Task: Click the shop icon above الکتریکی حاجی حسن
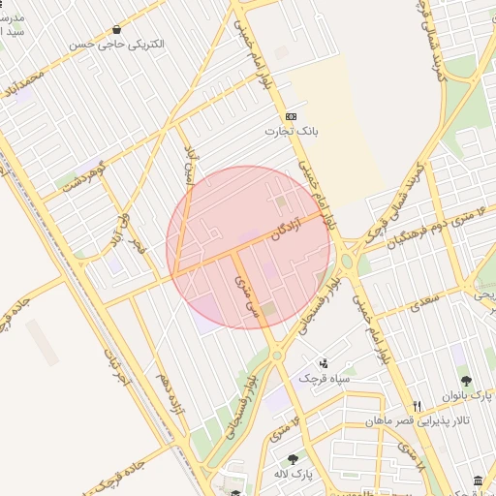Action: click(x=117, y=30)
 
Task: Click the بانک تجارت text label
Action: click(x=294, y=129)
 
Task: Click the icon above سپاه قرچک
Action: click(x=324, y=362)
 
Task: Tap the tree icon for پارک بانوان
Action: click(x=465, y=382)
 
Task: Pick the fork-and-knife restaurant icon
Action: click(x=418, y=406)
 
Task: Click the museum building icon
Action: click(x=478, y=481)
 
